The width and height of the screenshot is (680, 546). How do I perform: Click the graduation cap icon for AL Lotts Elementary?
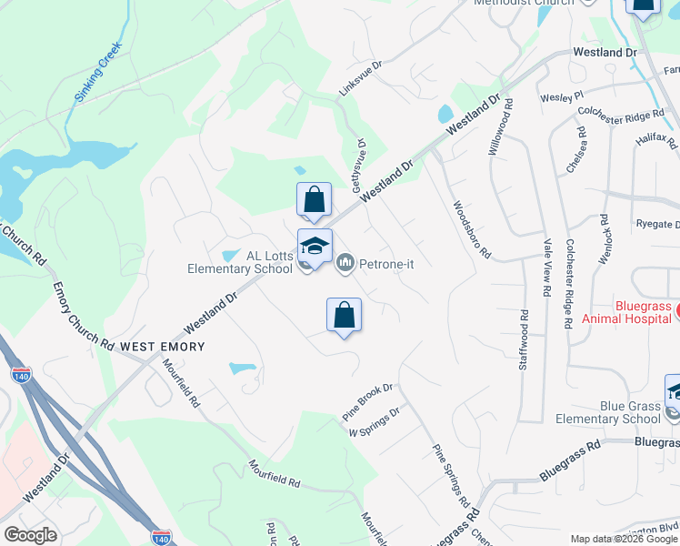coord(315,247)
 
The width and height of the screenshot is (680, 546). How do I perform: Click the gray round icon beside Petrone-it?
coord(345,264)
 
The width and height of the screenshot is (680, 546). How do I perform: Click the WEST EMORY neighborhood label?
coord(163,347)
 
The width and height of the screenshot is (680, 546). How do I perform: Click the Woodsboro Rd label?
coord(472,229)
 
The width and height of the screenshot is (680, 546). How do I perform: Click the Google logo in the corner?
coord(30,535)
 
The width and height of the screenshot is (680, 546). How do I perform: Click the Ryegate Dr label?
coord(641,223)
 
